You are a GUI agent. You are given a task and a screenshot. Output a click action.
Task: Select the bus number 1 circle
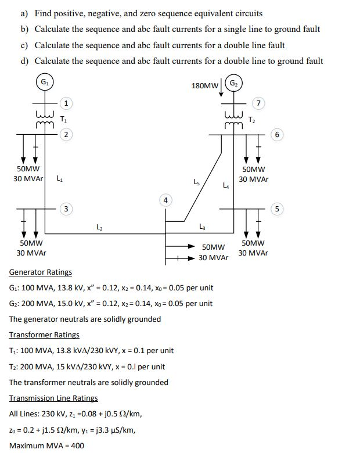(67, 103)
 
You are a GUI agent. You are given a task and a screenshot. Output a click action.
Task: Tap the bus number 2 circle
(67, 135)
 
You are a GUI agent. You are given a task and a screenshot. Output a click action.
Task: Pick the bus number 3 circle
(67, 208)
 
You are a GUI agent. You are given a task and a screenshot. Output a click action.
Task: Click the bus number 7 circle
(260, 103)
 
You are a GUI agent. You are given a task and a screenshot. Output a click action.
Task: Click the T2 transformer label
(251, 120)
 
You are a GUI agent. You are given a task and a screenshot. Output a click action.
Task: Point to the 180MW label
(204, 86)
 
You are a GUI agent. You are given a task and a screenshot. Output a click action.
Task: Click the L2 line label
(98, 228)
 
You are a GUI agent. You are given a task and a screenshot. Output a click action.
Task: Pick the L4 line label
(226, 186)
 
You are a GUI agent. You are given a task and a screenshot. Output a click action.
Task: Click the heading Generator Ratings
(41, 272)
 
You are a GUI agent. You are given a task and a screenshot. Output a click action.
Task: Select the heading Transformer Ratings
(44, 335)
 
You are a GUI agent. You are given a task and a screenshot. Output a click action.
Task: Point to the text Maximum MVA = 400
(46, 445)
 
